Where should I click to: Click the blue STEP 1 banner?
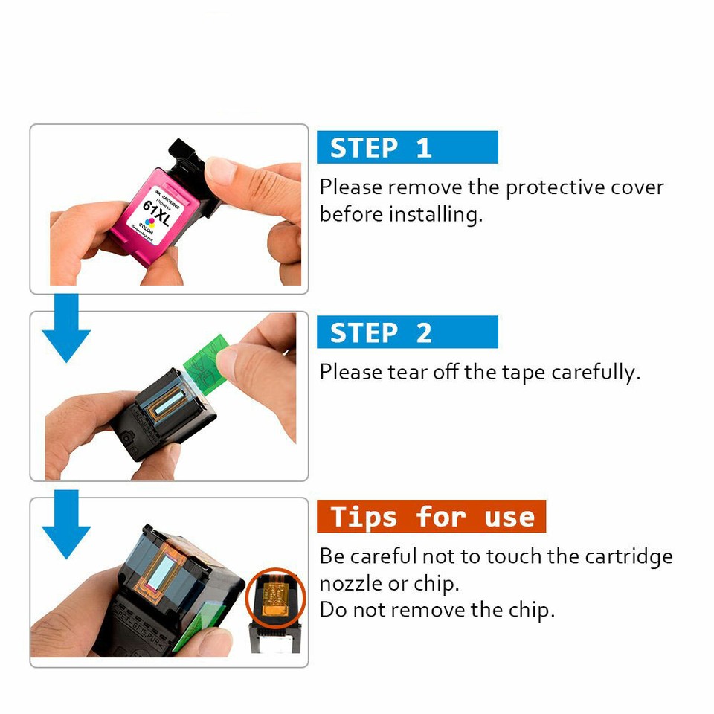pyautogui.click(x=407, y=147)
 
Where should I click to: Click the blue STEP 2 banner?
pyautogui.click(x=407, y=332)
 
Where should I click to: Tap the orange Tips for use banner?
pyautogui.click(x=431, y=516)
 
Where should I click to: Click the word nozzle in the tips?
pyautogui.click(x=353, y=583)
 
